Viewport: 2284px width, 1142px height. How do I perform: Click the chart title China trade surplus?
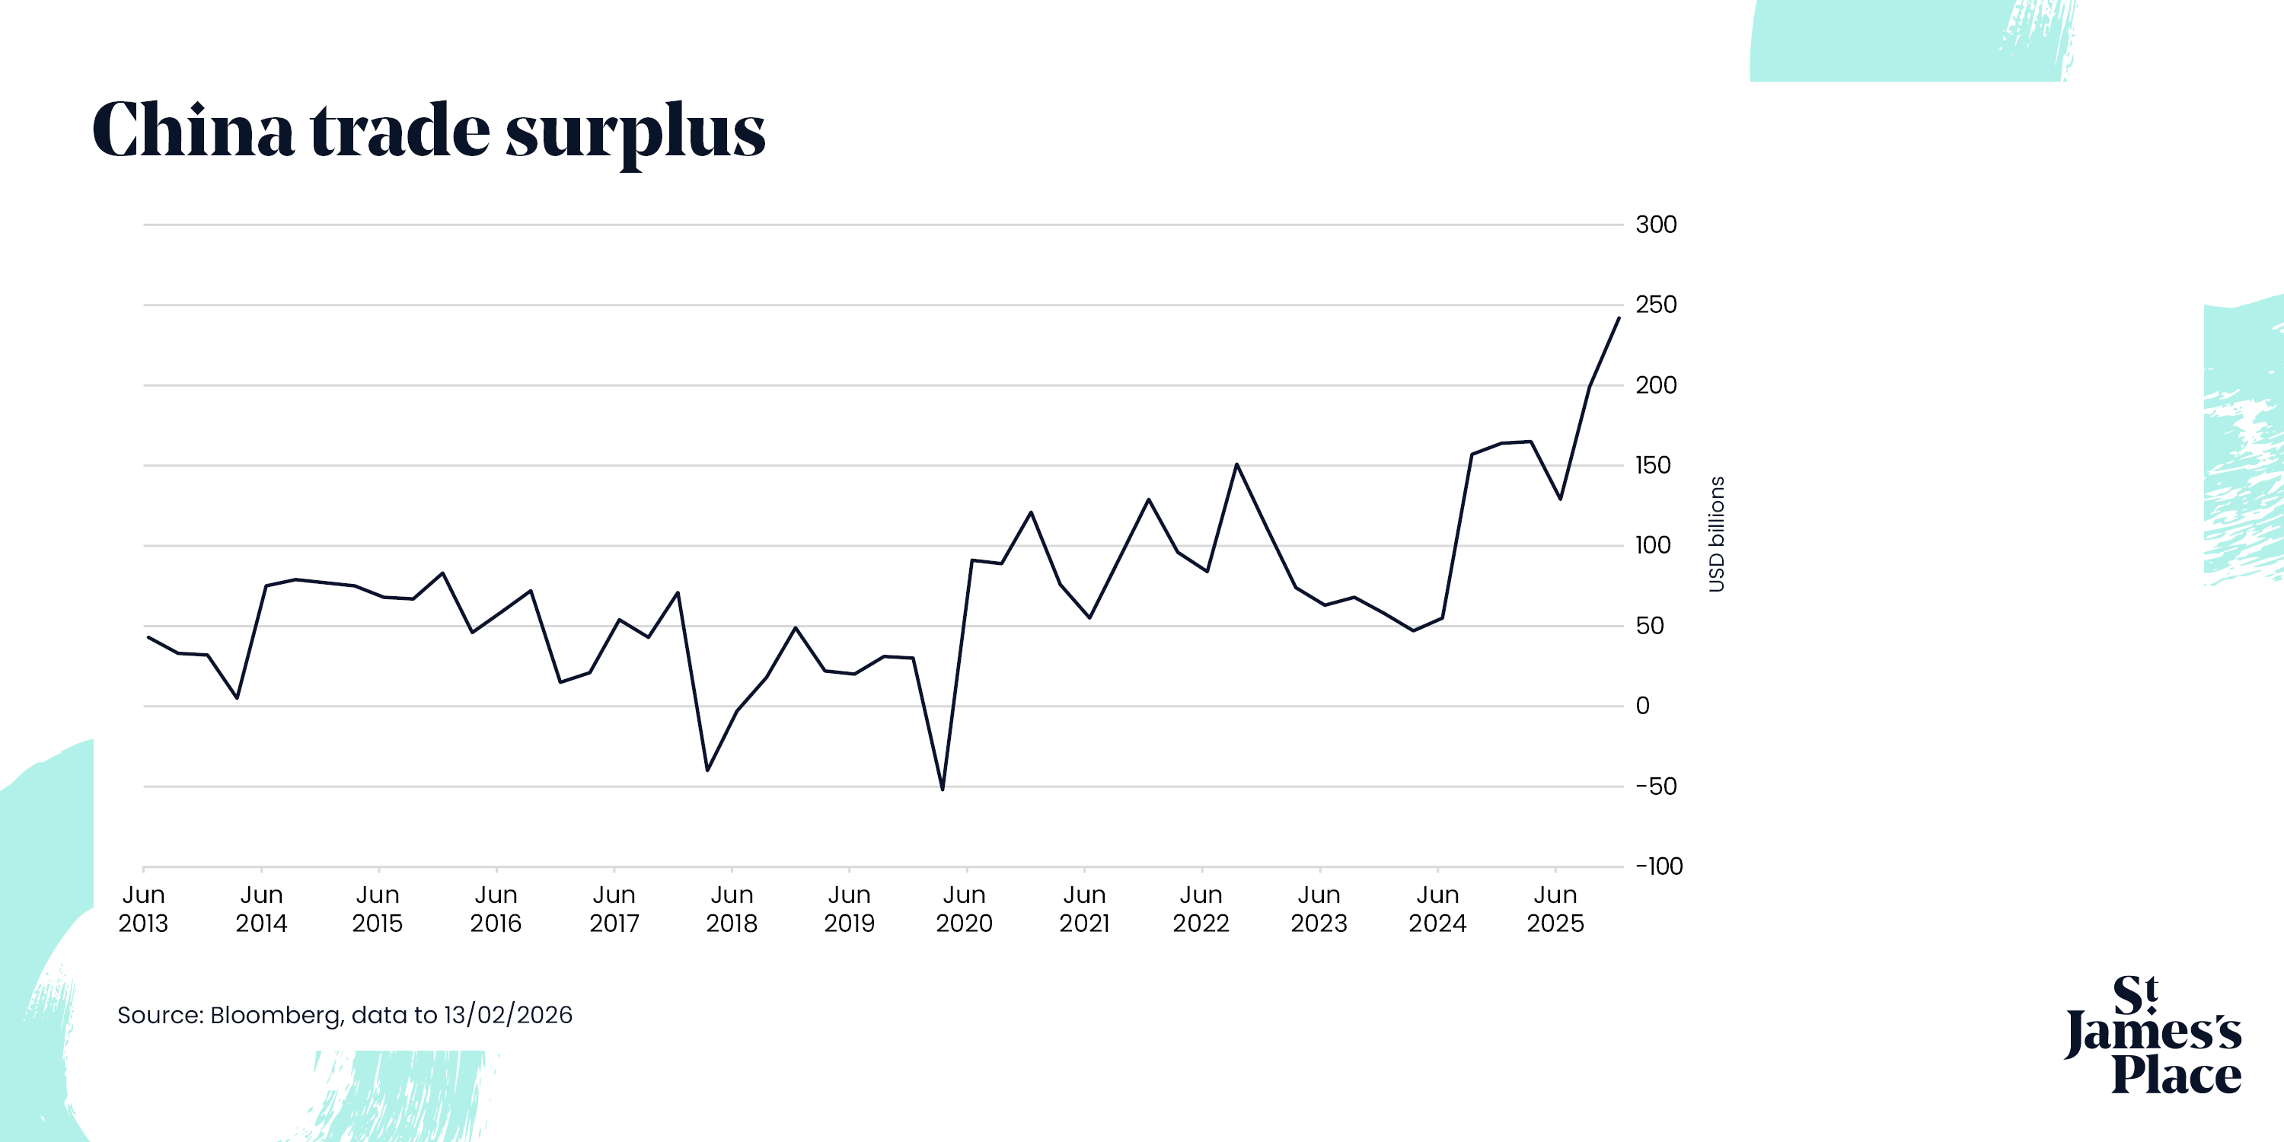pos(428,130)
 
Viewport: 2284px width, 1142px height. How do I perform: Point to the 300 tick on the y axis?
pos(1655,225)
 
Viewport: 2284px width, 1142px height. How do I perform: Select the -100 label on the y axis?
pos(1658,866)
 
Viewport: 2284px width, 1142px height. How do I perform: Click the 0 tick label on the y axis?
pos(1642,706)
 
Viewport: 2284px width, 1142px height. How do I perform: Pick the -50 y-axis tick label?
pos(1655,786)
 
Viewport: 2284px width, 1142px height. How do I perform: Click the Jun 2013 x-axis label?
pos(143,909)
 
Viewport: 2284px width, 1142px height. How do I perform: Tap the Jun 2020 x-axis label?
pos(965,909)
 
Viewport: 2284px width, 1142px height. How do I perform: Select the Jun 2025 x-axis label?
pos(1555,909)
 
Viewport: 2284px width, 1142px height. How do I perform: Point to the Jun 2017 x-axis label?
pos(614,909)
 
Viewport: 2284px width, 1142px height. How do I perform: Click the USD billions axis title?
pos(1717,534)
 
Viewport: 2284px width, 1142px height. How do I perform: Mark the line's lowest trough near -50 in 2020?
pos(943,789)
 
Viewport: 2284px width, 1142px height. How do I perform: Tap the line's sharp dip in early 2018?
pos(707,770)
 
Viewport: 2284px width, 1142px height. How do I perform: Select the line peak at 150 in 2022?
pos(1237,464)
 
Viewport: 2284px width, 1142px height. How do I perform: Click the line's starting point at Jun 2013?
pos(148,636)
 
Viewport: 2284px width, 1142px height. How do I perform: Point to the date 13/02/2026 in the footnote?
pos(508,1015)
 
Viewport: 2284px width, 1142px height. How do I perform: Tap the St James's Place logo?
pos(2153,1035)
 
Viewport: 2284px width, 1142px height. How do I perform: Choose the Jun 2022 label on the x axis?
pos(1201,909)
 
